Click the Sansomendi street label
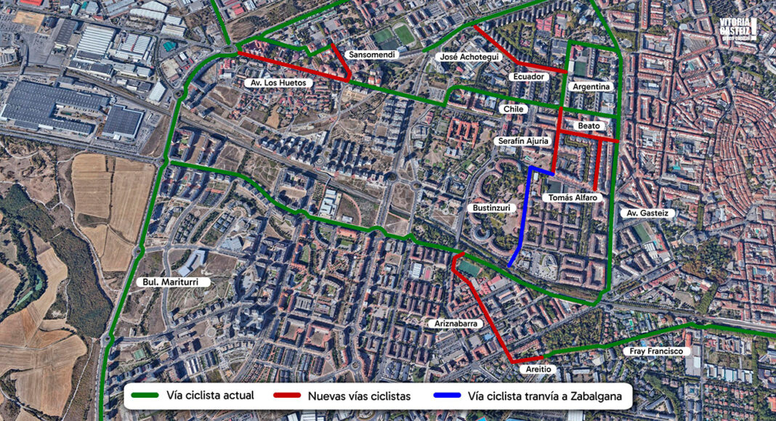[372, 55]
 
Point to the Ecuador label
[528, 76]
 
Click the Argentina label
[592, 86]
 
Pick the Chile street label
[513, 109]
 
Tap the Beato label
[589, 126]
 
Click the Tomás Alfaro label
[570, 197]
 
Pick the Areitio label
[540, 369]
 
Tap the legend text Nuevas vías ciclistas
[359, 396]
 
